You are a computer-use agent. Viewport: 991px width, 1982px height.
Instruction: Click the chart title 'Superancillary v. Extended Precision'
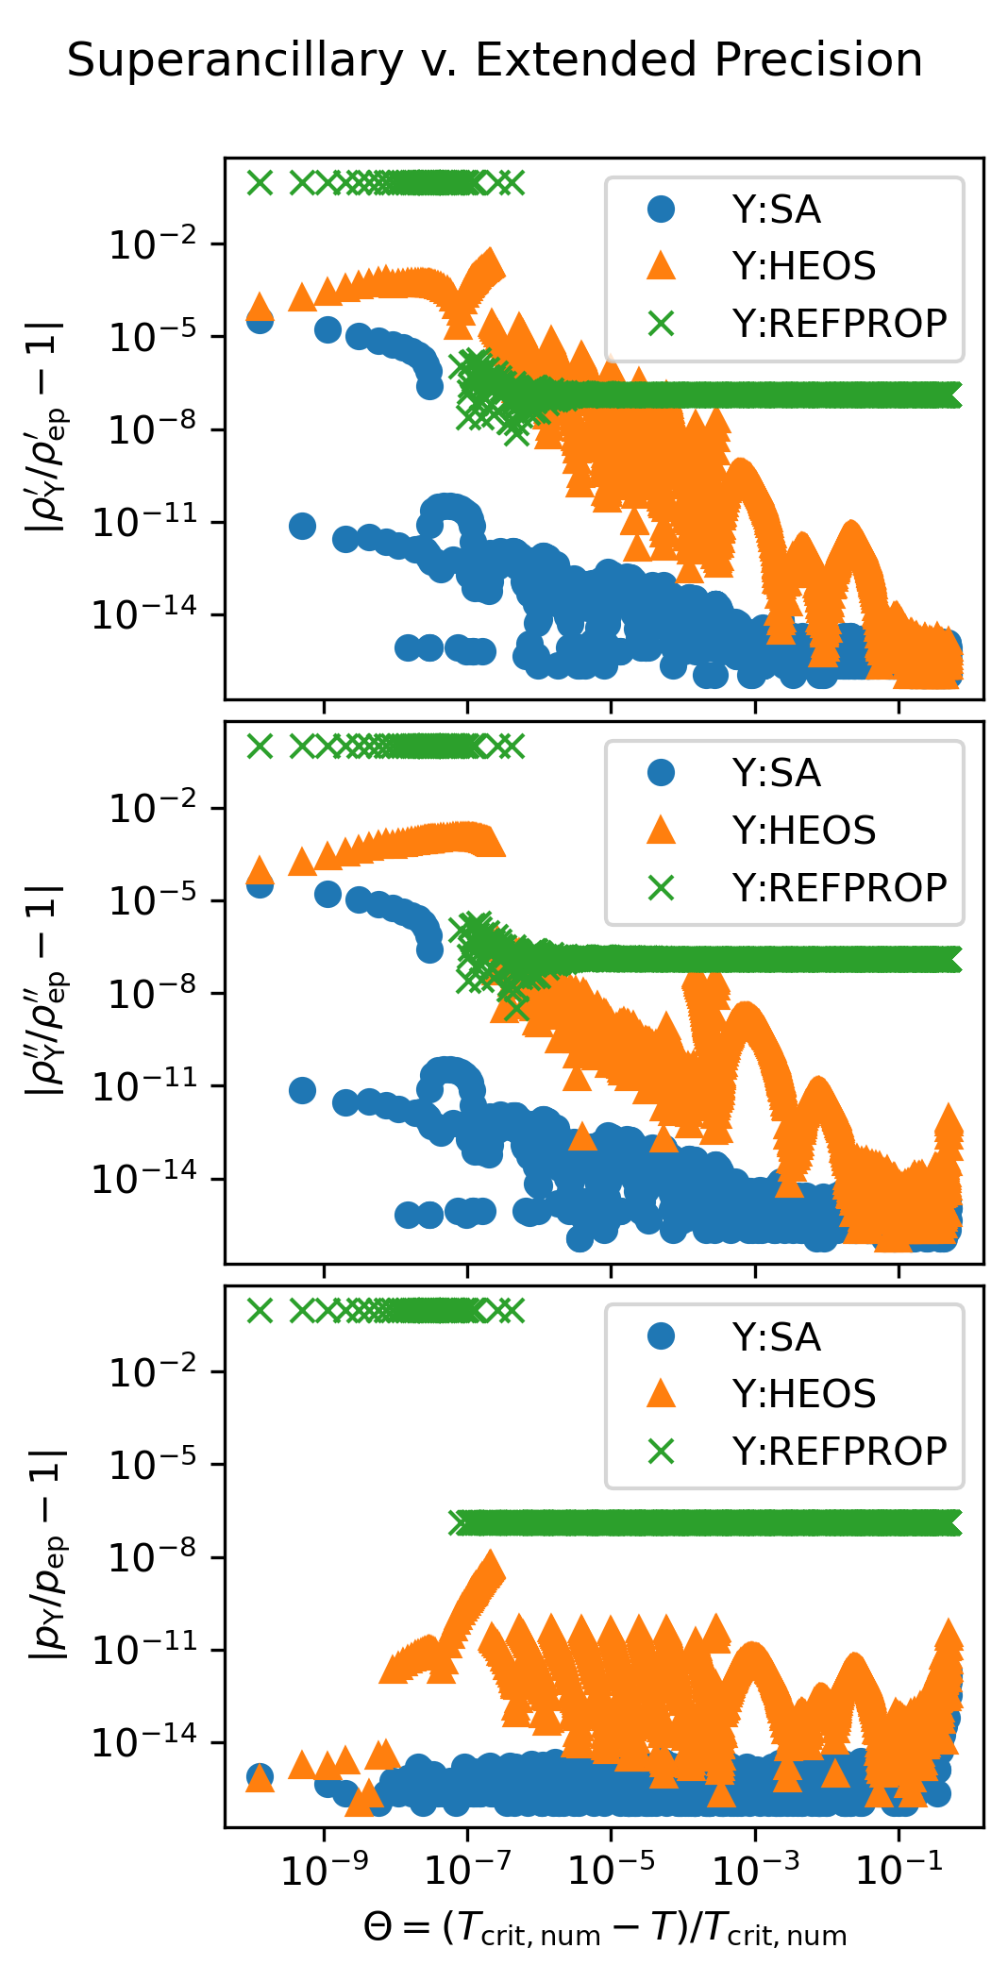pyautogui.click(x=495, y=60)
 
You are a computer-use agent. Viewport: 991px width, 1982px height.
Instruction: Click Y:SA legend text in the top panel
pyautogui.click(x=776, y=210)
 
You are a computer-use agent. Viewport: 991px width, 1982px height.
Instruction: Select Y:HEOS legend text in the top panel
pyautogui.click(x=803, y=266)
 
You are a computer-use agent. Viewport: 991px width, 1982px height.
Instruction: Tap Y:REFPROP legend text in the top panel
pyautogui.click(x=839, y=324)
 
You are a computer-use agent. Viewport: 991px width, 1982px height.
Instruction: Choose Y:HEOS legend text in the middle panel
pyautogui.click(x=803, y=831)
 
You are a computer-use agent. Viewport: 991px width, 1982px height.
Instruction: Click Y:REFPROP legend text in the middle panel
pyautogui.click(x=839, y=888)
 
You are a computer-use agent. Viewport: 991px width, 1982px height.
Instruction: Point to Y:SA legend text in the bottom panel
pyautogui.click(x=776, y=1337)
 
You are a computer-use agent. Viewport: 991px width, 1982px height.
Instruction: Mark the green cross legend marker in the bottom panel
pyautogui.click(x=662, y=1451)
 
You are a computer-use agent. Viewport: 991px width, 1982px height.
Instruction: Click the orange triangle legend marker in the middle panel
pyautogui.click(x=662, y=831)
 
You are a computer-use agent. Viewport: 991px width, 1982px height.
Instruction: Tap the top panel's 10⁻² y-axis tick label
pyautogui.click(x=154, y=245)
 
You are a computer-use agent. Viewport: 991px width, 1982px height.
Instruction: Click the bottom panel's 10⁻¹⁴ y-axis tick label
pyautogui.click(x=144, y=1742)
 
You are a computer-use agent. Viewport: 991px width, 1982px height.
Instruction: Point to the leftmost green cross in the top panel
pyautogui.click(x=260, y=182)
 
